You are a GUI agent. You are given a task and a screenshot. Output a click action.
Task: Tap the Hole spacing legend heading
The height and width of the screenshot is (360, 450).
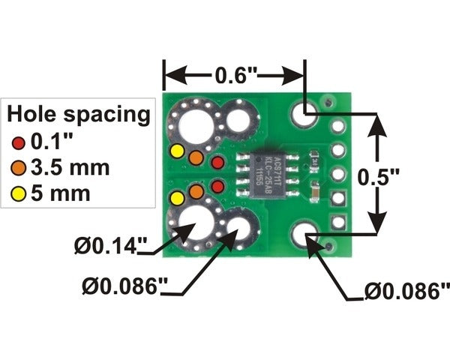tap(78, 115)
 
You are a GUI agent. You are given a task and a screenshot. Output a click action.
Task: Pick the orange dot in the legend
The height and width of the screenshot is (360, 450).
tap(19, 166)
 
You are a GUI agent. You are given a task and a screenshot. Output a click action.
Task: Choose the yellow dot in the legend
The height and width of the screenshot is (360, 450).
tap(19, 193)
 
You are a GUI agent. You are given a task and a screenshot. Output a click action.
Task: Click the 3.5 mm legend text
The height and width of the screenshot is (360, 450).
tap(68, 166)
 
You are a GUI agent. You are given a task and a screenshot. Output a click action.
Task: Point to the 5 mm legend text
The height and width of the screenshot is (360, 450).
tap(60, 193)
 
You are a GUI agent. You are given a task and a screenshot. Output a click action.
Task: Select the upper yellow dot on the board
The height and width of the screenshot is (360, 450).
tap(177, 151)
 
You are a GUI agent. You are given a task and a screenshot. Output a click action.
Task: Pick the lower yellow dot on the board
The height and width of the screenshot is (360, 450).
tap(177, 199)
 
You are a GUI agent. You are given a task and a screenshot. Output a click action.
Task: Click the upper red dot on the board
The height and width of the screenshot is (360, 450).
tap(217, 162)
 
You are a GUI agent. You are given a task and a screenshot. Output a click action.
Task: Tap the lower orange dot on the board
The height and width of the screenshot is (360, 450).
tap(196, 192)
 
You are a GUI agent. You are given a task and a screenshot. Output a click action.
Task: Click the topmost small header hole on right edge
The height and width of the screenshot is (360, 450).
tap(337, 127)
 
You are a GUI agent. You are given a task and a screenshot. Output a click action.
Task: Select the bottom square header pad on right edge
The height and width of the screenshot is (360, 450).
tap(337, 222)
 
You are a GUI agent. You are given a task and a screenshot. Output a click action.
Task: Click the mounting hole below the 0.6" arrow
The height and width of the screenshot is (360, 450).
tap(304, 115)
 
